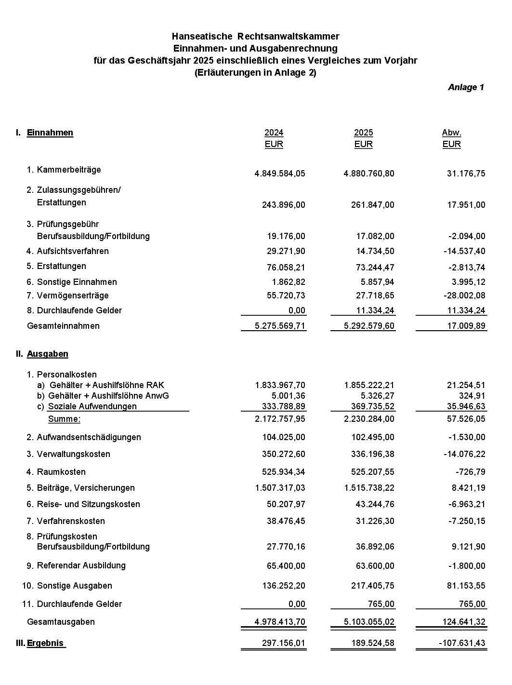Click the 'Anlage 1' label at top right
pyautogui.click(x=466, y=87)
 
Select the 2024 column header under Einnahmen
pyautogui.click(x=274, y=133)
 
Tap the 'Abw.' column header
pyautogui.click(x=451, y=133)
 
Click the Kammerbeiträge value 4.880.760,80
pyautogui.click(x=369, y=174)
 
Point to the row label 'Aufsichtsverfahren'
pyautogui.click(x=73, y=251)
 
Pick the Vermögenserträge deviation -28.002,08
pyautogui.click(x=460, y=295)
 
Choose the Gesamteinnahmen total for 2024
pyautogui.click(x=280, y=326)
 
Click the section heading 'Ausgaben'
pyautogui.click(x=47, y=354)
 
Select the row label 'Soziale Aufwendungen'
pyautogui.click(x=92, y=406)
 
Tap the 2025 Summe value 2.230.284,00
pyautogui.click(x=369, y=419)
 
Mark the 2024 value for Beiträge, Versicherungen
pyautogui.click(x=280, y=488)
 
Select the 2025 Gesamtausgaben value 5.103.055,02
pyautogui.click(x=369, y=622)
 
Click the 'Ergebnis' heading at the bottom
pyautogui.click(x=46, y=643)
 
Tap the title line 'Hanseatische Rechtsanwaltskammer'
pyautogui.click(x=255, y=36)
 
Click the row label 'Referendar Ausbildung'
pyautogui.click(x=81, y=565)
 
